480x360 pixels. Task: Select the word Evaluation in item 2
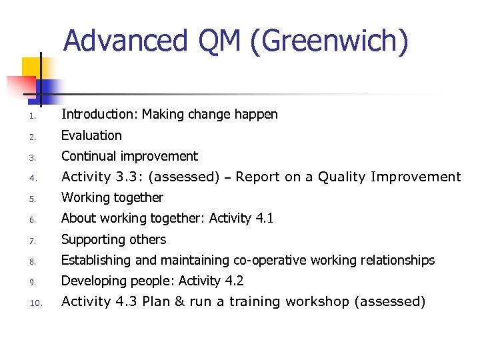[91, 135]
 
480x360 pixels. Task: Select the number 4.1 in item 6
[264, 218]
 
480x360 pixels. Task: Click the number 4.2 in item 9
[234, 281]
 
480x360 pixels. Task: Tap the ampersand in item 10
[179, 302]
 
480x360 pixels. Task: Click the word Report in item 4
[258, 177]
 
